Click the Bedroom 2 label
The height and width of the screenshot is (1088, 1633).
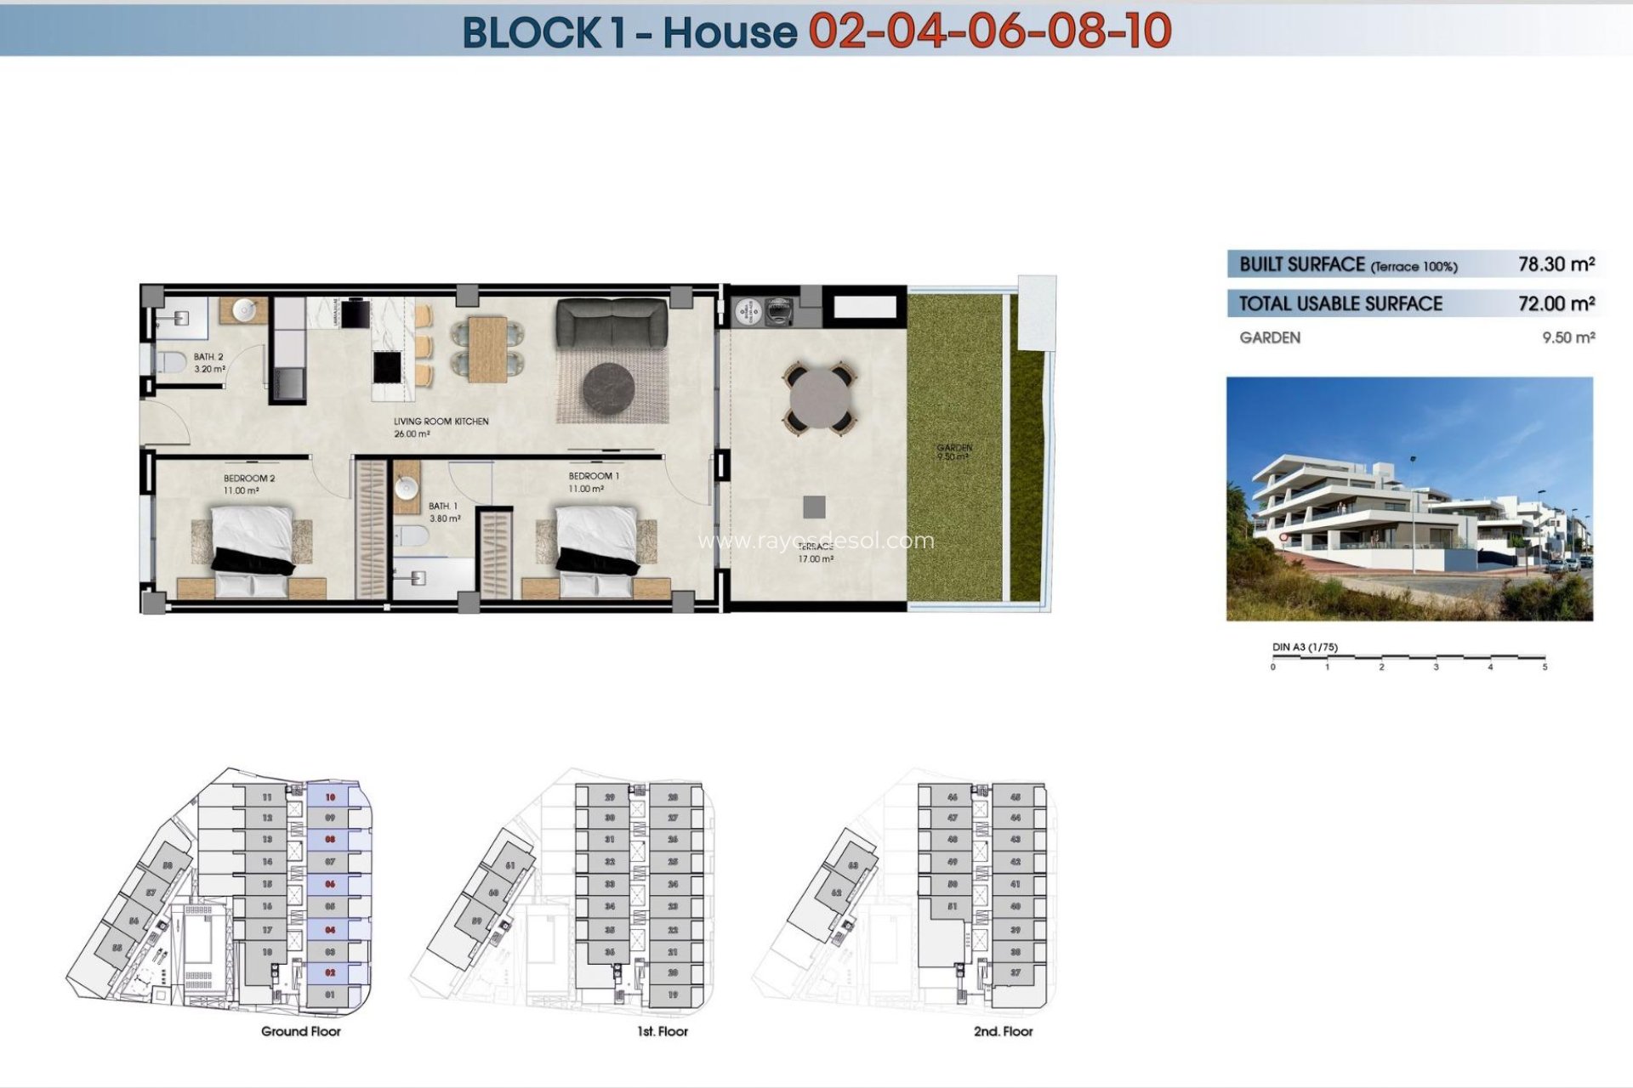pyautogui.click(x=249, y=479)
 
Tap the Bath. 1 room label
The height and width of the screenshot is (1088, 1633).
pyautogui.click(x=443, y=507)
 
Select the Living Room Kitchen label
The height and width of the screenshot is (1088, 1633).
pyautogui.click(x=441, y=422)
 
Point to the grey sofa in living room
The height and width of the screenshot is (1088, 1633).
pyautogui.click(x=612, y=323)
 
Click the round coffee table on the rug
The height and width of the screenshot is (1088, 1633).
pyautogui.click(x=609, y=388)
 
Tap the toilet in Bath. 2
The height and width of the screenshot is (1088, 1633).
pyautogui.click(x=171, y=362)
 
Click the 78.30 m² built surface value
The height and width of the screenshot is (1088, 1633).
pyautogui.click(x=1556, y=264)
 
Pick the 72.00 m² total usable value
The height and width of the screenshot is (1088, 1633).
pyautogui.click(x=1556, y=303)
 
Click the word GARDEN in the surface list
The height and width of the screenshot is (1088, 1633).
pyautogui.click(x=1270, y=338)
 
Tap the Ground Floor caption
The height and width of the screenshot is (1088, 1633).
pyautogui.click(x=301, y=1032)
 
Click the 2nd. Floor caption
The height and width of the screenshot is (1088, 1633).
pyautogui.click(x=1004, y=1032)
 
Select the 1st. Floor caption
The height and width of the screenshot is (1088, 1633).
pyautogui.click(x=663, y=1032)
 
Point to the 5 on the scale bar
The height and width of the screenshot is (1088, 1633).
pyautogui.click(x=1545, y=667)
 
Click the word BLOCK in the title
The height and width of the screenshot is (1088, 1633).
pyautogui.click(x=532, y=32)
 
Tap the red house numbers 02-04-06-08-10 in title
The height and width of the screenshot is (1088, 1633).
pyautogui.click(x=989, y=31)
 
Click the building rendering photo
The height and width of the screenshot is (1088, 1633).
pyautogui.click(x=1409, y=499)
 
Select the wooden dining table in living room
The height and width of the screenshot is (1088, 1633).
pyautogui.click(x=487, y=348)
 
